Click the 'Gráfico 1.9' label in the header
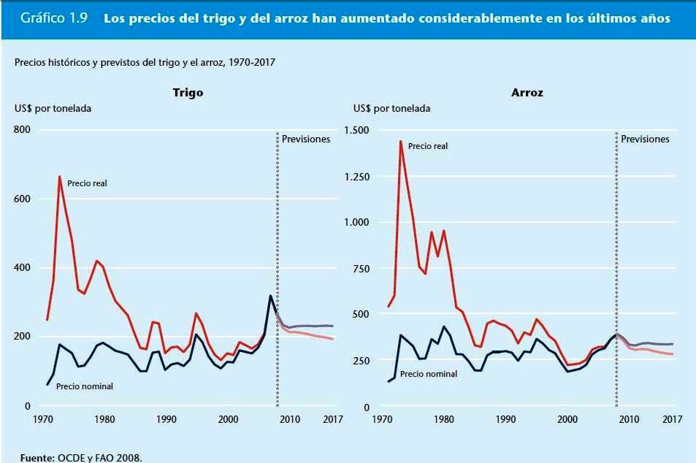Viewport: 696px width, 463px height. (x=55, y=19)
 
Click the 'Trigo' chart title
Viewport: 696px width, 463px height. (x=188, y=93)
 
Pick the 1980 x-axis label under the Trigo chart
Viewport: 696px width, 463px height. (x=104, y=420)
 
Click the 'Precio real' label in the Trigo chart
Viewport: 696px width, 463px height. (x=87, y=183)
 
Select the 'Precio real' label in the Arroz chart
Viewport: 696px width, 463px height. (x=428, y=146)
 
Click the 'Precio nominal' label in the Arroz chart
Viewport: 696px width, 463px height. (x=428, y=374)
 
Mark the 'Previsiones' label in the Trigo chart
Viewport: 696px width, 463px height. (x=306, y=139)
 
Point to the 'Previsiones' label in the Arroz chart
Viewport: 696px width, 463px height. (x=645, y=139)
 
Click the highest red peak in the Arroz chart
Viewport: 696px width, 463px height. (x=400, y=141)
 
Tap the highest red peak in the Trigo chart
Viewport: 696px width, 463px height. (x=60, y=177)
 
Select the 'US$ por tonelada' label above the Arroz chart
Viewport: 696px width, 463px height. (x=391, y=109)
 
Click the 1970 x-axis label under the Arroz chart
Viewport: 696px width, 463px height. (x=382, y=420)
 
